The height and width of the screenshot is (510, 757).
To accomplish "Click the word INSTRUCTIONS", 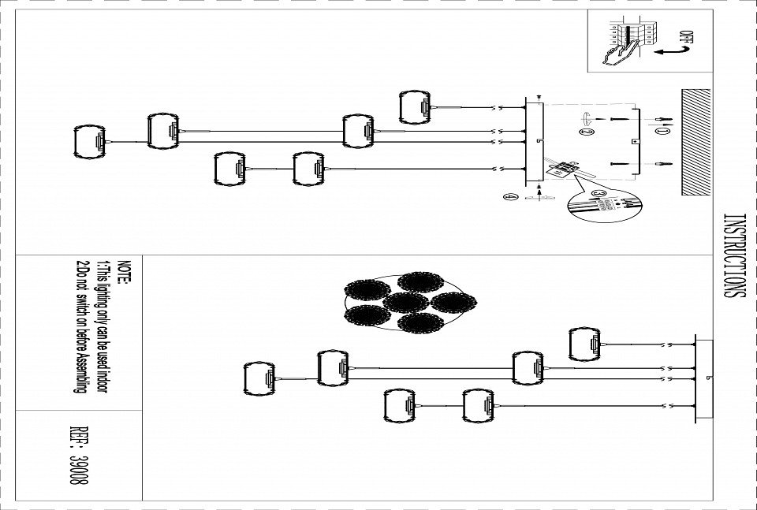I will tap(733, 255).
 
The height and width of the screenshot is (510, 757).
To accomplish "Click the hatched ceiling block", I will tap(695, 141).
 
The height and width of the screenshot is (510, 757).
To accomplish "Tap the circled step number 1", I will tap(662, 132).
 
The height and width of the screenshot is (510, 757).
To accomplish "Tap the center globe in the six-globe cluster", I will tap(405, 303).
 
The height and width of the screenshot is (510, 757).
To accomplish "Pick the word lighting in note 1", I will tap(101, 303).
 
